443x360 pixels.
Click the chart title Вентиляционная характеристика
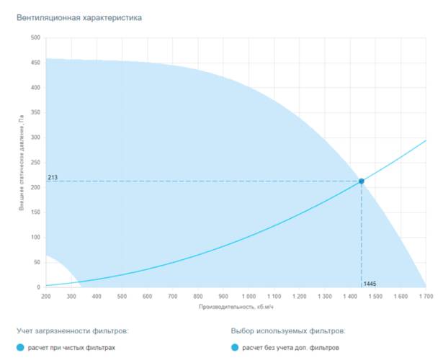(x=79, y=16)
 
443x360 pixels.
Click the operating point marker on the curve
(x=362, y=181)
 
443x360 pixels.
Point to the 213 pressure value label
(x=53, y=176)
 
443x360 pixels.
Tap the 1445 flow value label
(x=370, y=283)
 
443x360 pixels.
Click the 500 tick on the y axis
(x=35, y=37)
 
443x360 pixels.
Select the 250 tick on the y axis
(x=35, y=163)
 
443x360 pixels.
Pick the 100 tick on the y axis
(x=35, y=238)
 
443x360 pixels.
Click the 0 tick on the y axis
(x=38, y=287)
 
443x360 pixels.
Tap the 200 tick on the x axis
(x=46, y=296)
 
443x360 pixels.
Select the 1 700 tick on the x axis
(x=424, y=296)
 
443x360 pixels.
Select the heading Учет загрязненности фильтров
(x=73, y=331)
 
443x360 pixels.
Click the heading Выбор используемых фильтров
(x=288, y=331)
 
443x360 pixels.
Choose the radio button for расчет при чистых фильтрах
(x=21, y=348)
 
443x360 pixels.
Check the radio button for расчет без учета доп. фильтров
(x=235, y=348)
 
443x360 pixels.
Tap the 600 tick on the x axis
(x=147, y=296)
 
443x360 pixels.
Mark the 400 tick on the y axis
(x=35, y=88)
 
